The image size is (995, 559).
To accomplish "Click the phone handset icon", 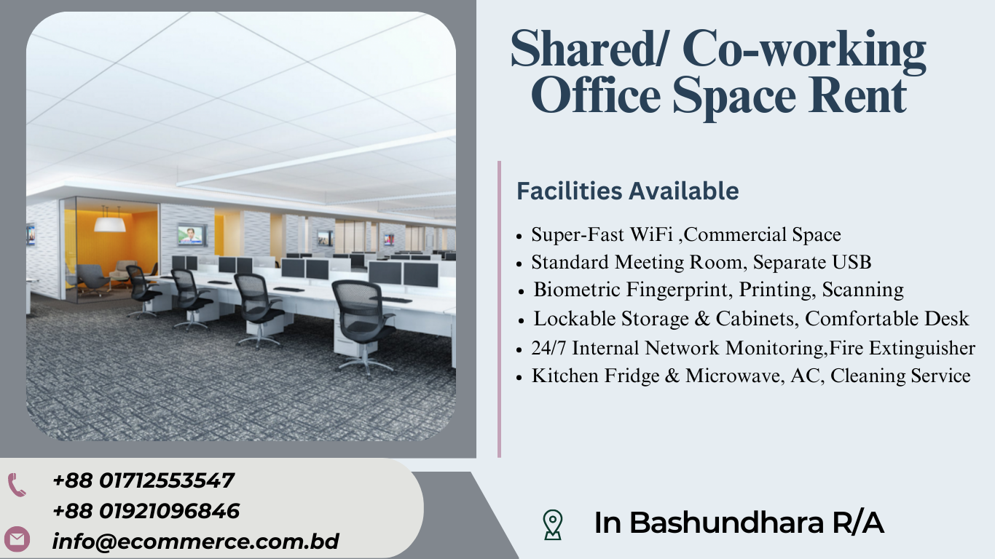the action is point(17,485).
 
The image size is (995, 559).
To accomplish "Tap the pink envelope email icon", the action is point(17,539).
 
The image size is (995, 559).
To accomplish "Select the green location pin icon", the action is point(553,524).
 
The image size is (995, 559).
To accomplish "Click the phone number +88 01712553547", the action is point(143,480).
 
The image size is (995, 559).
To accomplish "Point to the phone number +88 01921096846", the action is point(146,511).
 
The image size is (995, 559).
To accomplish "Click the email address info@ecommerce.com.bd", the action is point(195,542).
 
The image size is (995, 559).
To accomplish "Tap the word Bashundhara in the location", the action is point(726,523).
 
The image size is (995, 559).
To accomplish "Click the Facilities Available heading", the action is point(628,191).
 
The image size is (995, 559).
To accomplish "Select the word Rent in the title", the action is point(857,95).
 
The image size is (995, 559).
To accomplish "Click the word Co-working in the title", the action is point(804,49).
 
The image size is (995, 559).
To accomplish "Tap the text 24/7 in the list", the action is point(548,348).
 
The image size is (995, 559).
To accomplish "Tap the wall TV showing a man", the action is point(192,235).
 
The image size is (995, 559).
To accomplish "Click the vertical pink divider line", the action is point(499,309).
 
